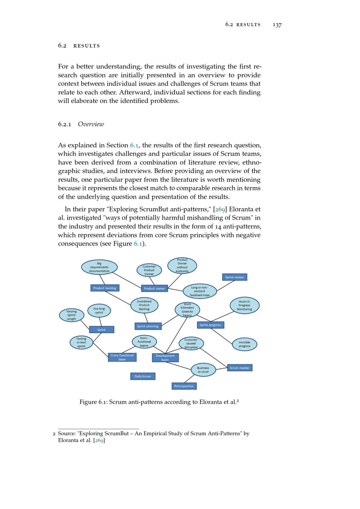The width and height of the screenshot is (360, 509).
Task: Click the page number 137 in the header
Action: coord(277,25)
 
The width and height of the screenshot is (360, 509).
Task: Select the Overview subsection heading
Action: coord(91,124)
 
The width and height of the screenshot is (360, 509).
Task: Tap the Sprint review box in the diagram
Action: coord(235,277)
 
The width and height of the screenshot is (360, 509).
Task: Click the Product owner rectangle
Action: coord(154,288)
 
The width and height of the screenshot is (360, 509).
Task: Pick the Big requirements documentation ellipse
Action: coord(99,267)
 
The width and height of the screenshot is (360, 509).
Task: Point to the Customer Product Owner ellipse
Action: coord(149,270)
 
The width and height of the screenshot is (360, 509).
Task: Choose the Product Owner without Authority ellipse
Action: coord(182,266)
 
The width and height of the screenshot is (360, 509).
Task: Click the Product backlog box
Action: coord(105,288)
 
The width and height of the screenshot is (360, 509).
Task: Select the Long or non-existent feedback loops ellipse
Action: coord(200,291)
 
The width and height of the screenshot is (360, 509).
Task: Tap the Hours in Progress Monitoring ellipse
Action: coord(244,305)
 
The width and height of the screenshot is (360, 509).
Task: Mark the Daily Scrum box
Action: coord(143,376)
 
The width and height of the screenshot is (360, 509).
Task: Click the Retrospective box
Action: coord(184,386)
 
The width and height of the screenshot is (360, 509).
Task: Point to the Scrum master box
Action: coord(240,368)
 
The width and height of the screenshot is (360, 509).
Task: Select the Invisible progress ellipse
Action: coord(244,344)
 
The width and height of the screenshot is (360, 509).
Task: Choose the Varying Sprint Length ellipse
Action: coord(72,315)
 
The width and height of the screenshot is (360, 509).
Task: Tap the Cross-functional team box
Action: coord(122,357)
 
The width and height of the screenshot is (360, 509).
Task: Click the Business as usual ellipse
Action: coord(203,370)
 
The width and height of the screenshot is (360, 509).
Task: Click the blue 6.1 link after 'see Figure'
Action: coord(138,244)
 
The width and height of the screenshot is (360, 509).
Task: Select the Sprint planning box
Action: coord(148,326)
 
